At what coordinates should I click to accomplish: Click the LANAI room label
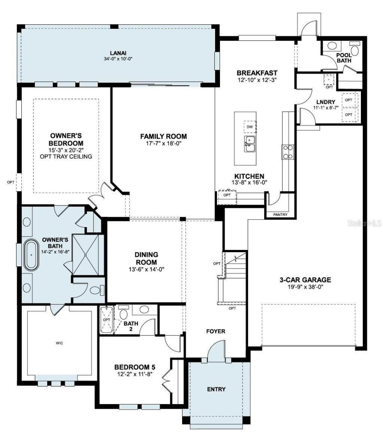tap(118, 53)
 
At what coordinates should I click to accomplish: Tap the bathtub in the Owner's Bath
tap(32, 256)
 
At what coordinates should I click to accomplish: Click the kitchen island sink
tap(250, 144)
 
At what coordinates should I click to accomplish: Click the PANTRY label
tap(280, 215)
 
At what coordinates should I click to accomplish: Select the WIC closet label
tap(59, 343)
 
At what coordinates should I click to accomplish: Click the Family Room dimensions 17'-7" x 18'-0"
tap(163, 143)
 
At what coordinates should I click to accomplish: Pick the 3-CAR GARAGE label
tap(306, 279)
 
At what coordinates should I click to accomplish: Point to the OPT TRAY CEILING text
tap(66, 157)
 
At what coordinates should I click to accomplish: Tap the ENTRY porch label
tap(216, 389)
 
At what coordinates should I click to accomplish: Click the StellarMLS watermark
tap(364, 223)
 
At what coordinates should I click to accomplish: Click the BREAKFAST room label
tap(257, 73)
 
